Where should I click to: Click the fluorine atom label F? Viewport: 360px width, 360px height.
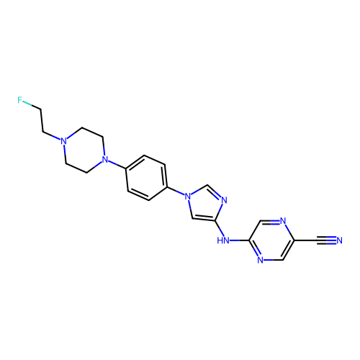19,100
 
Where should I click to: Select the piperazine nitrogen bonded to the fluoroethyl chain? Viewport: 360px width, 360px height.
63,140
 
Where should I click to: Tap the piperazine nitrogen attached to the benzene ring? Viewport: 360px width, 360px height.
105,159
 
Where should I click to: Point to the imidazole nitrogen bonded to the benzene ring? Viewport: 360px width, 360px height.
188,197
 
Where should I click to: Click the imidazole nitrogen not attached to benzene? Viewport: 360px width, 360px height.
224,200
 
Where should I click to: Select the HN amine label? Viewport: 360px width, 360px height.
223,240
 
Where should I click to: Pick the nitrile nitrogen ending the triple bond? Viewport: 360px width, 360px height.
339,240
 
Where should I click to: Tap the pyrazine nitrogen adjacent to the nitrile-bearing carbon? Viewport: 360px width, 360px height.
283,221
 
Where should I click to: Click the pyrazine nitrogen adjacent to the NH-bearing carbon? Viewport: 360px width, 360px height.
261,260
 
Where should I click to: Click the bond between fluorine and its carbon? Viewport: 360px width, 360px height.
32,105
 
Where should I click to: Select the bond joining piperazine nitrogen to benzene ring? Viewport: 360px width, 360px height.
117,165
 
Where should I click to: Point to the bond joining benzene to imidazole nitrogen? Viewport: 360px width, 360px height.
176,191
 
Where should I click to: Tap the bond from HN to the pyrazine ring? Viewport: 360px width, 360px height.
240,240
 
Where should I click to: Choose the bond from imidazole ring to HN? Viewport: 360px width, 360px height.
220,228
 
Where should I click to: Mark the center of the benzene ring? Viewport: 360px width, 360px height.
146,178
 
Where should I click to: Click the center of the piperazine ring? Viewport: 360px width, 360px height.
84,150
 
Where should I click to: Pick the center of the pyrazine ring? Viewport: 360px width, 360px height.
271,240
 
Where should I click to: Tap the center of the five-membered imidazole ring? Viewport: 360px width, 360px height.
204,204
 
